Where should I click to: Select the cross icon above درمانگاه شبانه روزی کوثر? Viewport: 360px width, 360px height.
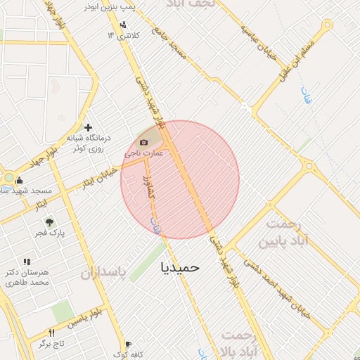88,127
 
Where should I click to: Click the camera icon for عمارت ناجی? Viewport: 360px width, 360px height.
144,142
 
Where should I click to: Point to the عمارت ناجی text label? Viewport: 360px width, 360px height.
144,153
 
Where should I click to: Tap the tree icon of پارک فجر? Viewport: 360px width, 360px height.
49,221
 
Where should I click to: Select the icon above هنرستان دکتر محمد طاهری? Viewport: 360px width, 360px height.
27,262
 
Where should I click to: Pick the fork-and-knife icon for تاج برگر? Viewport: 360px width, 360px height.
51,333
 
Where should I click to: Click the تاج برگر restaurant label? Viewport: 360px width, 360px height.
51,343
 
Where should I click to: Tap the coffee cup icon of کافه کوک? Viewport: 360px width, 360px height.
128,345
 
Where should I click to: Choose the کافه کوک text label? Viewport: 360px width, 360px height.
127,354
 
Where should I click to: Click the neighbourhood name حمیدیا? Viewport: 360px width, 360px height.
180,267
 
